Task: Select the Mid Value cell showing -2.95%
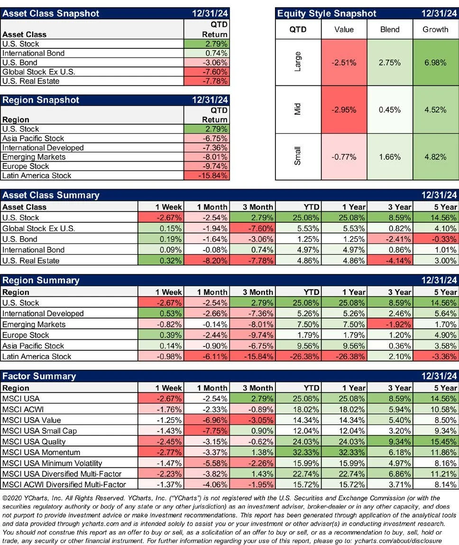point(344,110)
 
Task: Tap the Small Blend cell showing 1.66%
point(390,157)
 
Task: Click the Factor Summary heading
point(39,376)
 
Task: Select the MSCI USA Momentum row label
point(41,453)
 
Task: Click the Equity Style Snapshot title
point(327,14)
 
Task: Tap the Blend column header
point(390,29)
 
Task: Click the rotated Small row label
point(298,157)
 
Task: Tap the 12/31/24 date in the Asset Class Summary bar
point(439,195)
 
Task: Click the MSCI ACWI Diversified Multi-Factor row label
point(64,484)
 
